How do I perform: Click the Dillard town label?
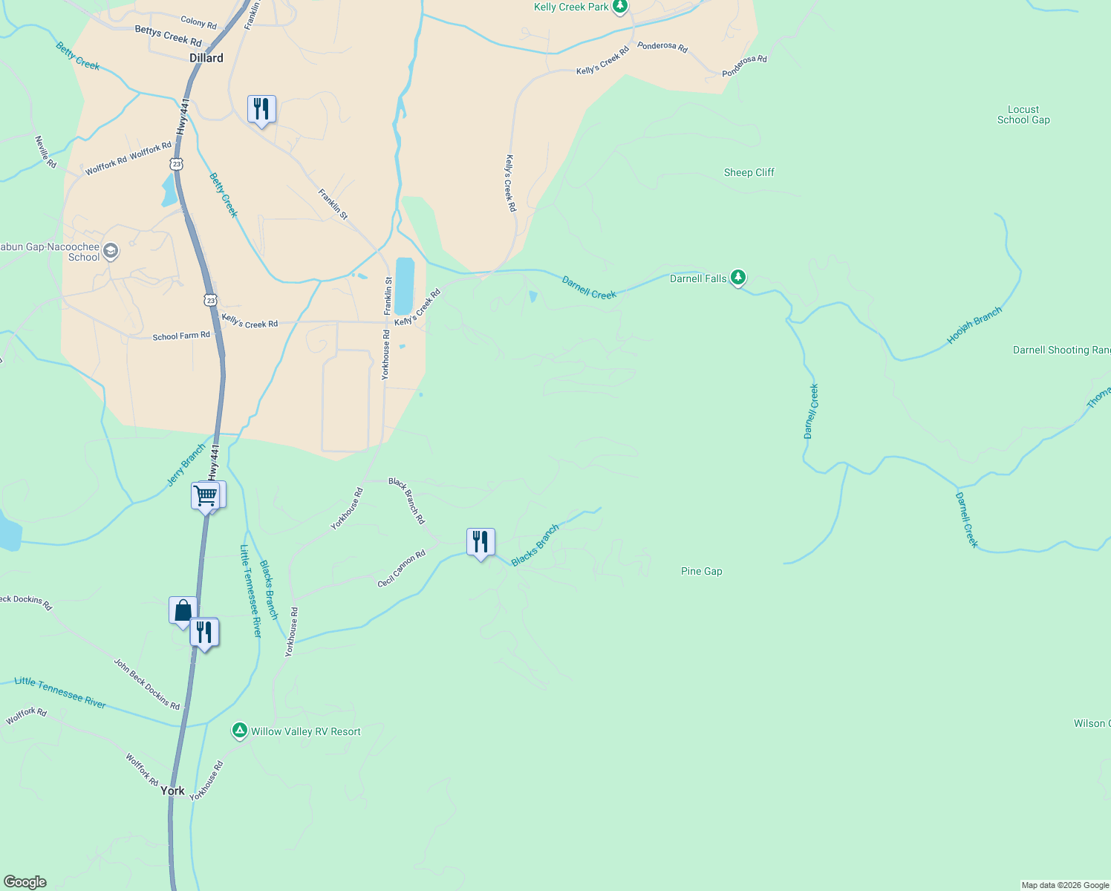click(206, 58)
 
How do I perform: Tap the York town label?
click(172, 791)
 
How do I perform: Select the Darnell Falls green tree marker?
click(737, 278)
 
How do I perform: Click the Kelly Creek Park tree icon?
click(620, 7)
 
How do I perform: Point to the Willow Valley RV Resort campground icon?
click(239, 731)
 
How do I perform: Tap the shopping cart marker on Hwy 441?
click(205, 495)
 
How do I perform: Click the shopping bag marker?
click(183, 611)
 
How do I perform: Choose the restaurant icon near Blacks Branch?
click(480, 542)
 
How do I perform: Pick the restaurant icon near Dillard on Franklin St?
click(261, 109)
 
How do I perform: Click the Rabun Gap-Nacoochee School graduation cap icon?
click(111, 252)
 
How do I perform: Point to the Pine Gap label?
click(701, 571)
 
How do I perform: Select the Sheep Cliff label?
click(749, 172)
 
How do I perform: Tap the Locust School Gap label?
click(1023, 114)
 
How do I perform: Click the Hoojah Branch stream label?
click(974, 325)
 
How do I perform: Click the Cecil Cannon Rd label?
click(401, 569)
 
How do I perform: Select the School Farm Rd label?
click(181, 336)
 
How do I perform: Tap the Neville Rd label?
click(46, 151)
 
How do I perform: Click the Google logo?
click(25, 882)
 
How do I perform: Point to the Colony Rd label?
click(198, 23)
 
